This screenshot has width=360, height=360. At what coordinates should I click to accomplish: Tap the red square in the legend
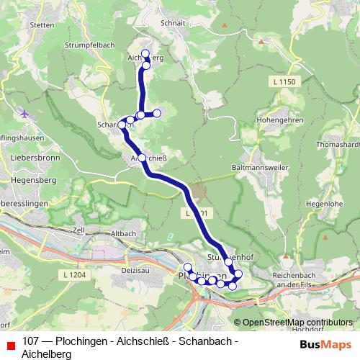(x=10, y=345)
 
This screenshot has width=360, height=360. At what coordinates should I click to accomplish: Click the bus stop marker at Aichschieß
(x=142, y=158)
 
